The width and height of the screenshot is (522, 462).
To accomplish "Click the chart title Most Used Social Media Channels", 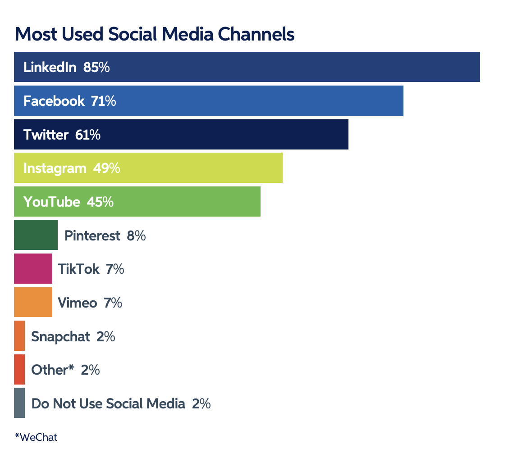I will (155, 35).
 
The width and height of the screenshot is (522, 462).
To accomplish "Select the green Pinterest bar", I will (36, 235).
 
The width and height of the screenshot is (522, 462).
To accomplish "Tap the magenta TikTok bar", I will (33, 268).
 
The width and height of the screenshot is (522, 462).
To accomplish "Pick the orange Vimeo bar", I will (33, 302).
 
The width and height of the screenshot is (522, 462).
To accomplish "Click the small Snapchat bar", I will (19, 335).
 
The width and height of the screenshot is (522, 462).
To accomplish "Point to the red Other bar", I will (19, 369).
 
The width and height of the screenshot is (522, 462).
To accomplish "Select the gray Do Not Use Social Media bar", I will (19, 403).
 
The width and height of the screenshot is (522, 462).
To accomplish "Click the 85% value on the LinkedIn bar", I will (96, 68).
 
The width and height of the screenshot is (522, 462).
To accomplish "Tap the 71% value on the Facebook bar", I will (103, 101).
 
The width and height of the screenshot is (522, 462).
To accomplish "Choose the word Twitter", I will (46, 135).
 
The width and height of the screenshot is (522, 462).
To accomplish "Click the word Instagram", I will (55, 168).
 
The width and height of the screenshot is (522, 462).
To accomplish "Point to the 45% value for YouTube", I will (100, 202).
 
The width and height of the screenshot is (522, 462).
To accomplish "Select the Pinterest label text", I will (92, 236).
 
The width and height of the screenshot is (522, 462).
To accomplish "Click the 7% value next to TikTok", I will (114, 269).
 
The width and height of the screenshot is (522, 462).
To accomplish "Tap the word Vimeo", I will (78, 303).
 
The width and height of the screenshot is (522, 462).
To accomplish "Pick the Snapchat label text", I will (60, 336).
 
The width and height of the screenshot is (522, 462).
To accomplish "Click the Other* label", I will (52, 370).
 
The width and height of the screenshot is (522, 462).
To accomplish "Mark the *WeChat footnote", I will (36, 437).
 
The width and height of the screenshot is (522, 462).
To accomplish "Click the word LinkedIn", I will (50, 68).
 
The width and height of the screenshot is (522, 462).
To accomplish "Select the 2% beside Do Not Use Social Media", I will (201, 403).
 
